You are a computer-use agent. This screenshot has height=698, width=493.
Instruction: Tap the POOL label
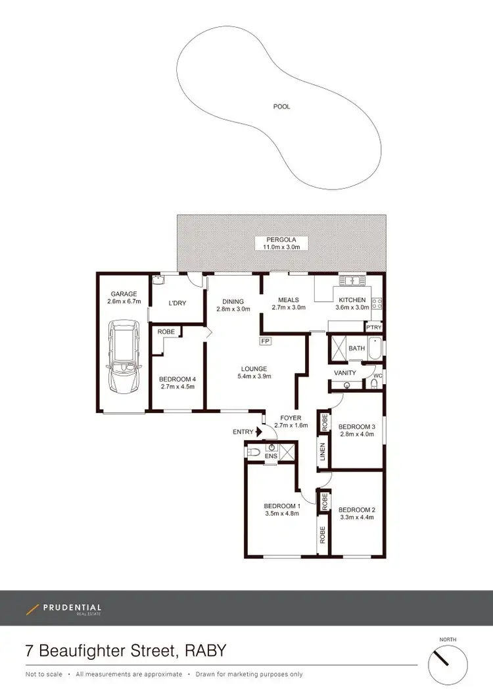281,107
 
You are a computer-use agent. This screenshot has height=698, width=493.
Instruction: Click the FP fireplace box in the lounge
266,341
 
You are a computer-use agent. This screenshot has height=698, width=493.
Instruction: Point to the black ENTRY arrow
258,432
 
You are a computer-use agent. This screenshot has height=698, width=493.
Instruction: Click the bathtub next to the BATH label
374,348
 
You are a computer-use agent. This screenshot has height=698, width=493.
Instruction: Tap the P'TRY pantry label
374,328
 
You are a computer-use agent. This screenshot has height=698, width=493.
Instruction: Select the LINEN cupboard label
323,453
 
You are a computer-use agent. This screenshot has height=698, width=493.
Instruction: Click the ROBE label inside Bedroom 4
166,332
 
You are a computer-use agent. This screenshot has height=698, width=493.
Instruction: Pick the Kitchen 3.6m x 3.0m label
352,303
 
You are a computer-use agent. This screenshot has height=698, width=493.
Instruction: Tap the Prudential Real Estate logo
64,609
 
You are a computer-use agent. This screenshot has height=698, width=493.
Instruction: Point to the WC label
377,376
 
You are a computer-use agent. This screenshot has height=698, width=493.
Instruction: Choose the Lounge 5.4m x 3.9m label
253,372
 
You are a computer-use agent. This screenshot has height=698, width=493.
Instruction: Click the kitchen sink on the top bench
352,281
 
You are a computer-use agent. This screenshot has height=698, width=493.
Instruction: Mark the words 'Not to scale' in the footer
44,674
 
